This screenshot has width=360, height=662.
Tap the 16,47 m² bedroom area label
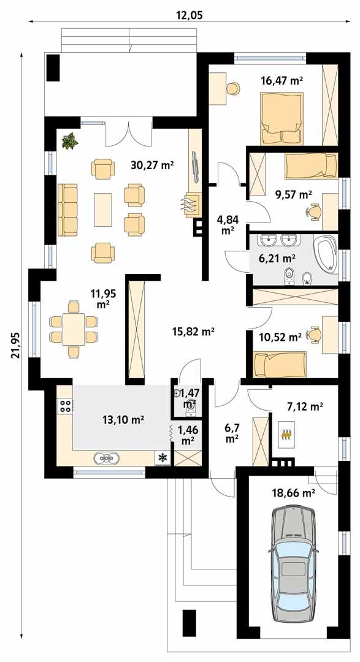click(283, 80)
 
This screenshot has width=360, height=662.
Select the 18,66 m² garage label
click(293, 491)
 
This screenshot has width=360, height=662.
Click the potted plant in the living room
click(71, 141)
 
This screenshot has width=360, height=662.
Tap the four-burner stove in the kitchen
click(65, 405)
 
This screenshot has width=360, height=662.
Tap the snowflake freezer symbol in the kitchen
click(163, 457)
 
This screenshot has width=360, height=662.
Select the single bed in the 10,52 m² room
click(278, 365)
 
